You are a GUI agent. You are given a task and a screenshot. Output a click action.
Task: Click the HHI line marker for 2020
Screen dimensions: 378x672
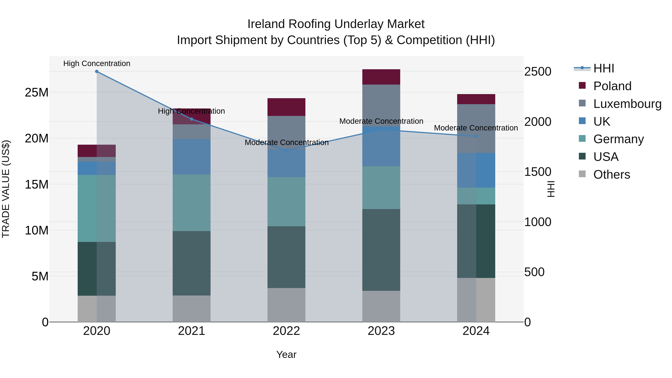[97, 71]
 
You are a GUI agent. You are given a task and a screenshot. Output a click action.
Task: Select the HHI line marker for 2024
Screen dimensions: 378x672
[476, 136]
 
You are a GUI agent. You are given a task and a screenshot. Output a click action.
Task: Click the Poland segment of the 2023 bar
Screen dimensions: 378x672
[381, 77]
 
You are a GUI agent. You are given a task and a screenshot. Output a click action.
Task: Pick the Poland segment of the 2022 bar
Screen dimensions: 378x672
[286, 107]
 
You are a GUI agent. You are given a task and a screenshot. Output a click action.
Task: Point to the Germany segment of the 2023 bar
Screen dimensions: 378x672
[381, 188]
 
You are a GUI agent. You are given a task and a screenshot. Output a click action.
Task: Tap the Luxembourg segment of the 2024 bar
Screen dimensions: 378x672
[476, 128]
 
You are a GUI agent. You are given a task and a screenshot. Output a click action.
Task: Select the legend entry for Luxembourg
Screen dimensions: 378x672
[627, 104]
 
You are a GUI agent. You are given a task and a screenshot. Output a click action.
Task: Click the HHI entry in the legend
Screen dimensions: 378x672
[603, 68]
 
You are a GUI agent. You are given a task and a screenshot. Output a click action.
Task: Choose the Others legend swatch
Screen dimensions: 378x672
[582, 174]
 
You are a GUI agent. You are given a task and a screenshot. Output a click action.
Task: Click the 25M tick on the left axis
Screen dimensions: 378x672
[37, 93]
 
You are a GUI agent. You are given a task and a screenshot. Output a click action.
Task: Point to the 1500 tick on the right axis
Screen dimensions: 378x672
[537, 172]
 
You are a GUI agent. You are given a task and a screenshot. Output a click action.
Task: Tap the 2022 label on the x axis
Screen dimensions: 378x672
[286, 331]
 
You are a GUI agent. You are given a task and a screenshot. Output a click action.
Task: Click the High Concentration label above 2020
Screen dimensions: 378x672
[97, 63]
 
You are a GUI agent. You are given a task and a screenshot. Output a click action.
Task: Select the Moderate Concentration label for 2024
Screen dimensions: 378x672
[476, 128]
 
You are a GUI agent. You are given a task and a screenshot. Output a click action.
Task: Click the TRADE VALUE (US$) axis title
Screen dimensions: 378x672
[6, 189]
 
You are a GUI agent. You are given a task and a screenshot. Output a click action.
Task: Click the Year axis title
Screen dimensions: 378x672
[286, 354]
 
